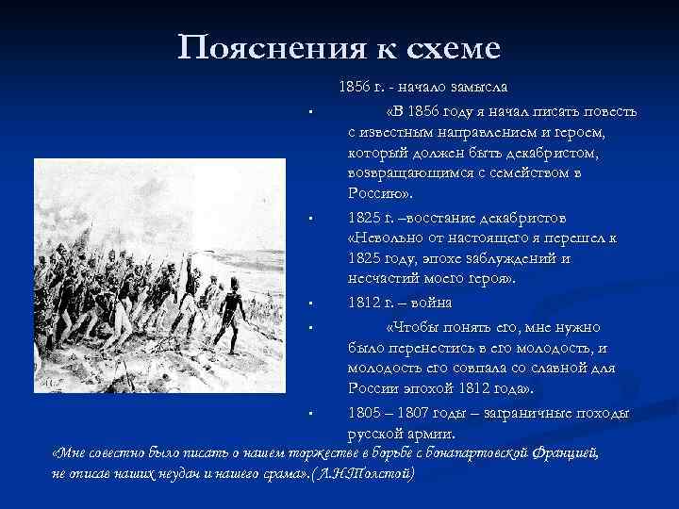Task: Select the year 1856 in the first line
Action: coord(354,87)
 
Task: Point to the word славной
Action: coord(543,368)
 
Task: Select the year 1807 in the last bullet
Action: coord(414,413)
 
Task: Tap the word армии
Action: coord(431,434)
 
